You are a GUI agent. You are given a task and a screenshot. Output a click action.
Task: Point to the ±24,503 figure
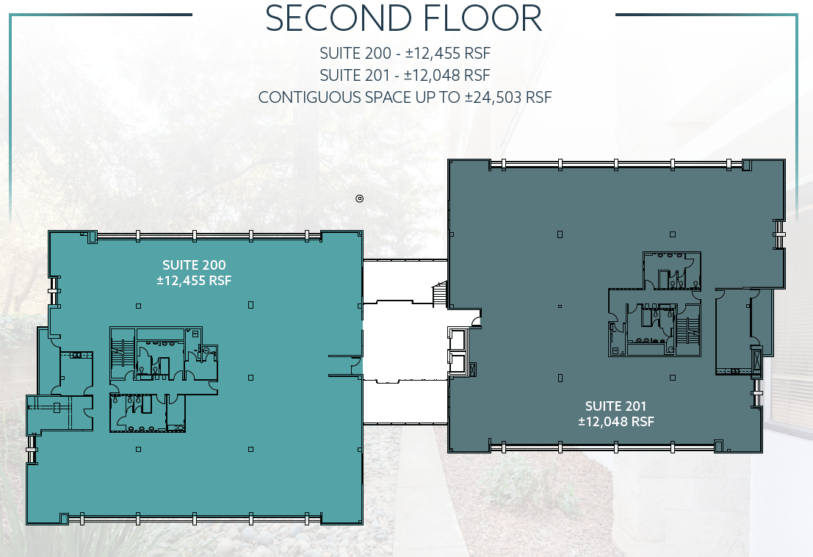coord(494,98)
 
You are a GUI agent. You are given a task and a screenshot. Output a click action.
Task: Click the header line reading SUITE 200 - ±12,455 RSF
coord(405,54)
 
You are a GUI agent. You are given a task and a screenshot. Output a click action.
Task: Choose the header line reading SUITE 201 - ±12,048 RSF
coord(405,76)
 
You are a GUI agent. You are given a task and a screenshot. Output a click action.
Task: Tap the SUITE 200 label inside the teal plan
coord(194,265)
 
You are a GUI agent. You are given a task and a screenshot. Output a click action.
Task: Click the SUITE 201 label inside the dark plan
coord(616,406)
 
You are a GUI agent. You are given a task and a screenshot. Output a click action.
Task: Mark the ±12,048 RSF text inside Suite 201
coord(616,422)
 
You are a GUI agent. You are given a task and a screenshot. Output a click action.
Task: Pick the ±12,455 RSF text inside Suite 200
coord(194,281)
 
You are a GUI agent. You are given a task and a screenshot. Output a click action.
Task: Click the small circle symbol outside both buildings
coord(359,198)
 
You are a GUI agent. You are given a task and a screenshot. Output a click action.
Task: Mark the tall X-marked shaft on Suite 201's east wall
coord(756,359)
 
